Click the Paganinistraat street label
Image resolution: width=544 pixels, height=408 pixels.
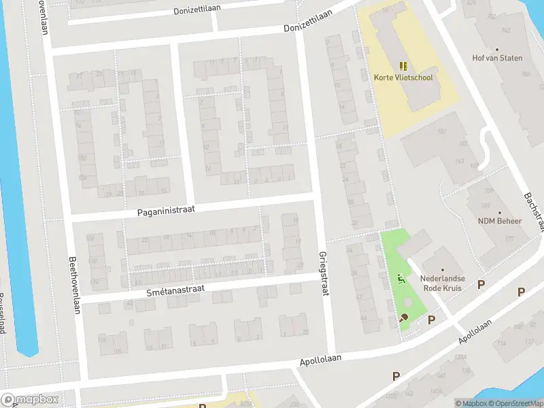(166, 211)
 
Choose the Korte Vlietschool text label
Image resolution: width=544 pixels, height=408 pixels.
(403, 78)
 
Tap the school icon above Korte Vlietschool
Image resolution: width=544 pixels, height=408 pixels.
(403, 66)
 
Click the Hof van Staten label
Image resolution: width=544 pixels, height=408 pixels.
(497, 58)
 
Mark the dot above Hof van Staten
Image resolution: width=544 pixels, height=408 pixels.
(497, 49)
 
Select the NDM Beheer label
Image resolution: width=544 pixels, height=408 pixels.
(500, 222)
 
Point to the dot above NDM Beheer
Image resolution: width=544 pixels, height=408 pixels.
(500, 212)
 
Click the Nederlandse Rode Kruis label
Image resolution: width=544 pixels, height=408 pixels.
(442, 284)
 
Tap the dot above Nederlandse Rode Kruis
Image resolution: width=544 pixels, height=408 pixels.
(442, 269)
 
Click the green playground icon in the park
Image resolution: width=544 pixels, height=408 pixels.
(401, 278)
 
